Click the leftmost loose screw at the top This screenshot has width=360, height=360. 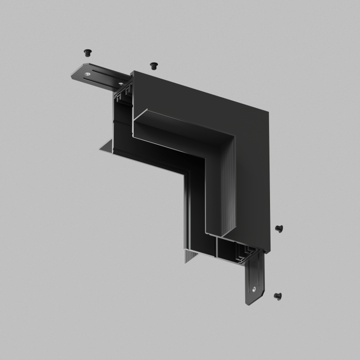pyautogui.click(x=87, y=52)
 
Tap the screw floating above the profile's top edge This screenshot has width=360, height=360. pyautogui.click(x=153, y=65)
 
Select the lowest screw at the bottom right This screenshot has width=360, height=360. pyautogui.click(x=278, y=296)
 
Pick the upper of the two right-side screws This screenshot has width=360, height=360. pyautogui.click(x=279, y=228)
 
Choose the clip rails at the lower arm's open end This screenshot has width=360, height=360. pyautogui.click(x=242, y=251)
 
